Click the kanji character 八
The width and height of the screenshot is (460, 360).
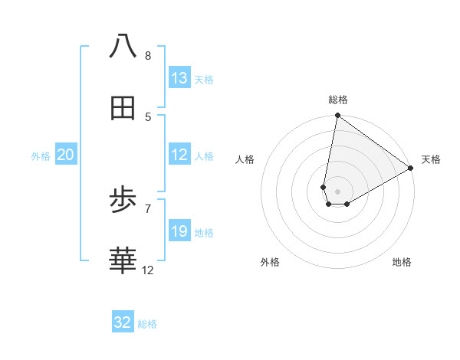coord(123,46)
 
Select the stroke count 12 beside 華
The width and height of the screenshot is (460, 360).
coord(148,270)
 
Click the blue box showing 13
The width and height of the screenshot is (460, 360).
coord(179,78)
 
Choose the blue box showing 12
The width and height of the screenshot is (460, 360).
coord(179,155)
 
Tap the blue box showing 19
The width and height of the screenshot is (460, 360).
coord(179,231)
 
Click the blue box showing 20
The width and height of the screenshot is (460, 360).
coord(66,155)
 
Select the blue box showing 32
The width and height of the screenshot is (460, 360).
coord(123,322)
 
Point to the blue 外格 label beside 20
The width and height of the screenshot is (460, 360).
coord(41,156)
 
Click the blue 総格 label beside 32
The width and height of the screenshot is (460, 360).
coord(147,324)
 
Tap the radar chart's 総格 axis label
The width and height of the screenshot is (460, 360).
coord(338,100)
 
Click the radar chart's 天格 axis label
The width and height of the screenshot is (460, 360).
coord(431,159)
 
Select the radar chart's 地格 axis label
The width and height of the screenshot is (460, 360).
coord(402,262)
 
